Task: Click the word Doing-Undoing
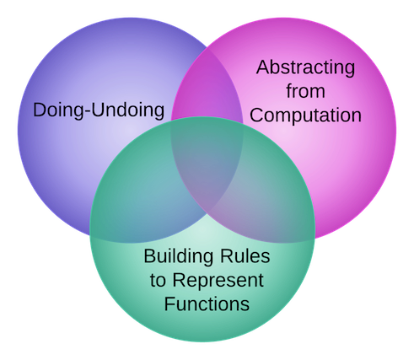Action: (99, 110)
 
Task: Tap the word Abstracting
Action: (305, 67)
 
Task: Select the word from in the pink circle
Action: (306, 90)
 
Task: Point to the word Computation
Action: (305, 116)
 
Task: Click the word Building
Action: (178, 256)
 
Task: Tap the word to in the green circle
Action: (158, 281)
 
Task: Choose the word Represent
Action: (218, 281)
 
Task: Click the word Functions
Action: (207, 304)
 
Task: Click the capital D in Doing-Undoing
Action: (40, 110)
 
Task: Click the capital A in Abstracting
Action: (263, 67)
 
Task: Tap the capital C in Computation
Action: (257, 115)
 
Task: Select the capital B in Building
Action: (150, 256)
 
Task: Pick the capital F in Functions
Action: (169, 304)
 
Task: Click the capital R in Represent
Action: (179, 280)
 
